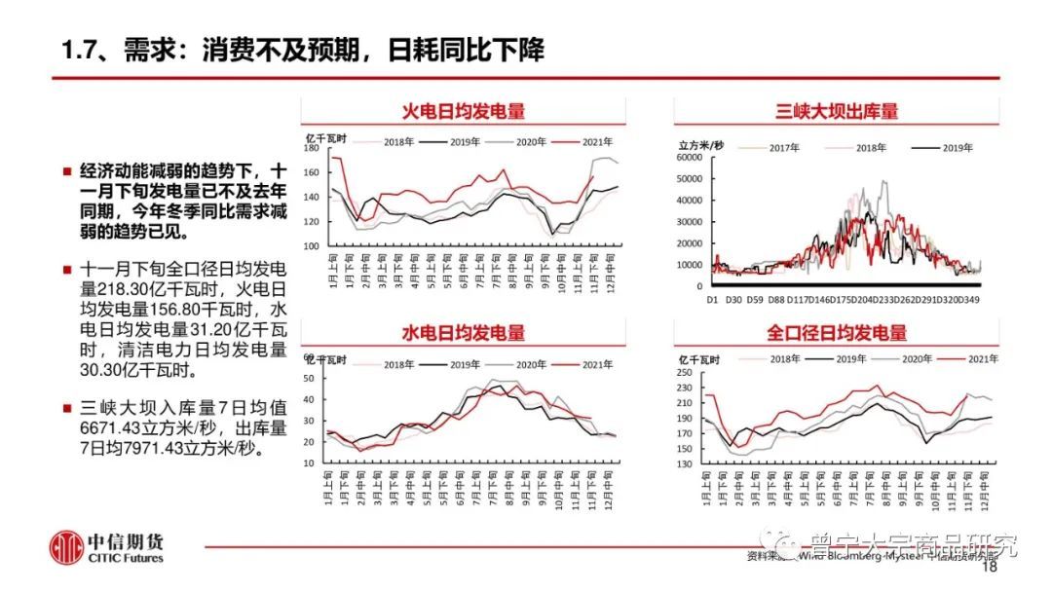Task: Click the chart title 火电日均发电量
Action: tap(463, 110)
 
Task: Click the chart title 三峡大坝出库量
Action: tap(837, 110)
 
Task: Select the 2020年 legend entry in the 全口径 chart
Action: tap(918, 359)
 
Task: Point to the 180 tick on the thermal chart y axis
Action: tap(310, 149)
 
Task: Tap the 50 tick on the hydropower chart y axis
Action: tap(310, 378)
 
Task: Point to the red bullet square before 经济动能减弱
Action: tap(66, 170)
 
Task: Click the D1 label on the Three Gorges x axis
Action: tap(712, 300)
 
